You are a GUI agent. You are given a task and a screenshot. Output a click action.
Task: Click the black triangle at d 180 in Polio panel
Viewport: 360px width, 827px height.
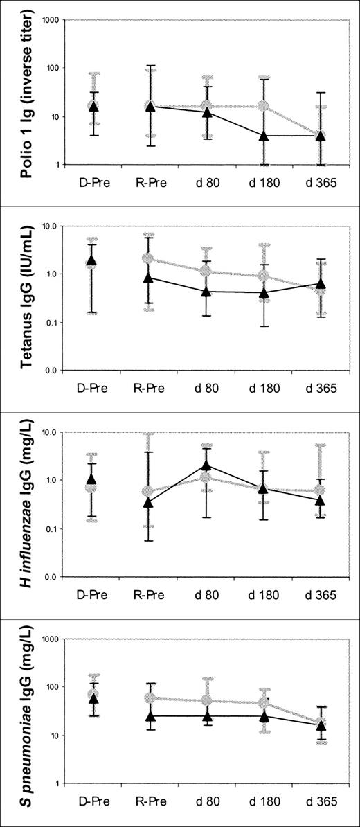tap(264, 135)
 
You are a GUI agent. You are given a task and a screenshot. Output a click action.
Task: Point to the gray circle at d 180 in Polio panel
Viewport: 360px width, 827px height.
tap(264, 106)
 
